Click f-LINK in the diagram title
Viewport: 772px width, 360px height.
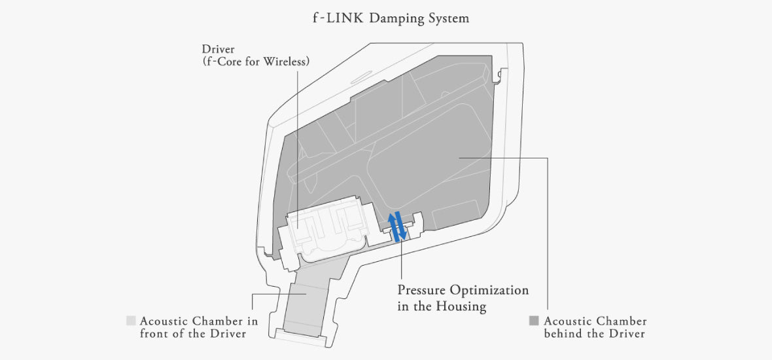(338, 18)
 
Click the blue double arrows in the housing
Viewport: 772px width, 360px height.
(397, 226)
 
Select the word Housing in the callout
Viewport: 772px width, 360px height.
(464, 307)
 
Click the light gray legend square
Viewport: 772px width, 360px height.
(131, 321)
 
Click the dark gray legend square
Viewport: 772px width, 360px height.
(534, 321)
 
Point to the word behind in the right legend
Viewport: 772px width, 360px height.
(561, 334)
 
